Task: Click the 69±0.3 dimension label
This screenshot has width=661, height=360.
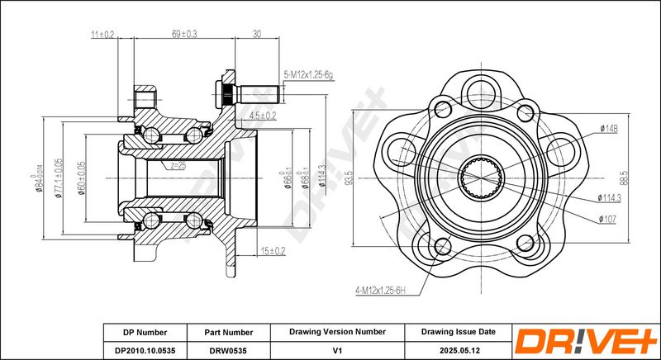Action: [183, 35]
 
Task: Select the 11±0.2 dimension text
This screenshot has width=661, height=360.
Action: [102, 35]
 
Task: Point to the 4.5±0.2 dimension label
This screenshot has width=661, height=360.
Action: [262, 116]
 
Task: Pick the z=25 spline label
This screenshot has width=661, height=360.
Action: [178, 166]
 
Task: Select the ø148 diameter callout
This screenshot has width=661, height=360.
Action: [611, 128]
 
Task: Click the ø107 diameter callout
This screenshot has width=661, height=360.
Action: [608, 218]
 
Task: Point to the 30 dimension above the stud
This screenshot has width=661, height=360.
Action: [256, 35]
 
